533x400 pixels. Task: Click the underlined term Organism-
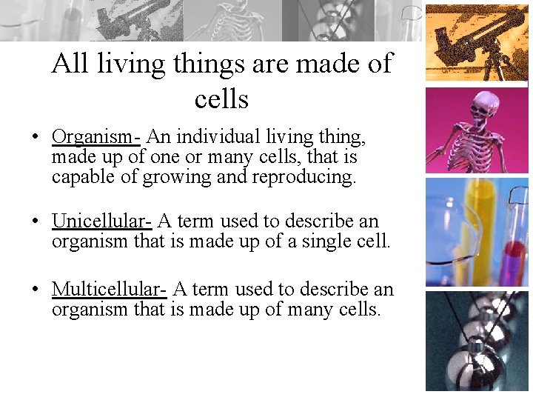96,138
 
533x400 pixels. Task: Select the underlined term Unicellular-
101,221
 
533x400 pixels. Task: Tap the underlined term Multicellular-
110,290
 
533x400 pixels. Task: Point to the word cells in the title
221,99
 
